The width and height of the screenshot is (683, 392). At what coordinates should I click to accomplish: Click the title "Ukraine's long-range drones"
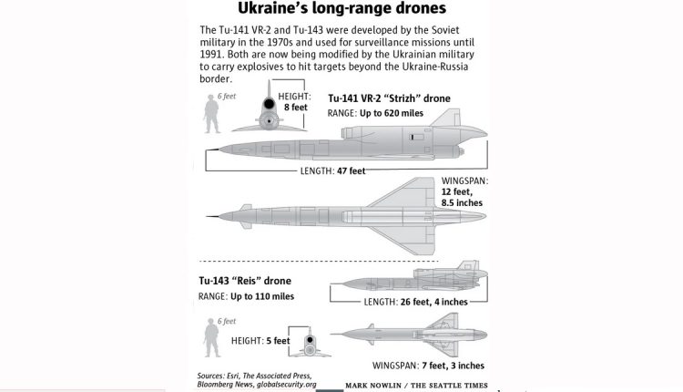tap(341, 8)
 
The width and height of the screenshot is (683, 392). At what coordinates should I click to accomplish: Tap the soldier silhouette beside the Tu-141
tap(211, 113)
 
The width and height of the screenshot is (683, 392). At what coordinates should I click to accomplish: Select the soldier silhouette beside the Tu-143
tap(212, 337)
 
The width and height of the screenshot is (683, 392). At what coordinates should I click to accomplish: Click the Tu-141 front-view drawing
tap(270, 107)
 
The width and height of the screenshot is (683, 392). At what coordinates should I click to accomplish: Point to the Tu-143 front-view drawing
tap(310, 343)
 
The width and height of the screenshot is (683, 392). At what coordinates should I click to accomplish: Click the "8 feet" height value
tap(296, 108)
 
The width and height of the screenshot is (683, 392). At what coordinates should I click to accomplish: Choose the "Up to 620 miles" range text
tap(392, 113)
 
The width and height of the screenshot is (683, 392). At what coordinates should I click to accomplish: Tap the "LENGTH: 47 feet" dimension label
tap(332, 170)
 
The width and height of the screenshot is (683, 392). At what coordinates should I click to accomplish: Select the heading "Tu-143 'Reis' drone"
tap(245, 281)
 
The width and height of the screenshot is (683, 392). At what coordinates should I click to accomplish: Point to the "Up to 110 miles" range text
tap(262, 296)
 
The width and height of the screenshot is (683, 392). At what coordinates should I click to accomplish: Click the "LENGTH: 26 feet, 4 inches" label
tap(415, 302)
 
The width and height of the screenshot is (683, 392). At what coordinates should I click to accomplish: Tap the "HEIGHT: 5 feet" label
tap(260, 341)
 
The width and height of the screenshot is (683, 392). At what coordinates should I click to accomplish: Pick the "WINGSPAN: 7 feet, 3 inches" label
tap(428, 366)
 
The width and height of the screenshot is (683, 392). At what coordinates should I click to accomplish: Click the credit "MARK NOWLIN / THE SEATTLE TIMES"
tap(416, 386)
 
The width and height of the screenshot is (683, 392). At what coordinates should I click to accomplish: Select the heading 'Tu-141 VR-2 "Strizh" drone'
tap(389, 98)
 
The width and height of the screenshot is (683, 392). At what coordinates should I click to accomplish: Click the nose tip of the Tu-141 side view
tap(208, 150)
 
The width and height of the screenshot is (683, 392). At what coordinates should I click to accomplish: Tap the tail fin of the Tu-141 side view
tap(447, 118)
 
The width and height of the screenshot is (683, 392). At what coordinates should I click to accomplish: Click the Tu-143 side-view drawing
tap(409, 279)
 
